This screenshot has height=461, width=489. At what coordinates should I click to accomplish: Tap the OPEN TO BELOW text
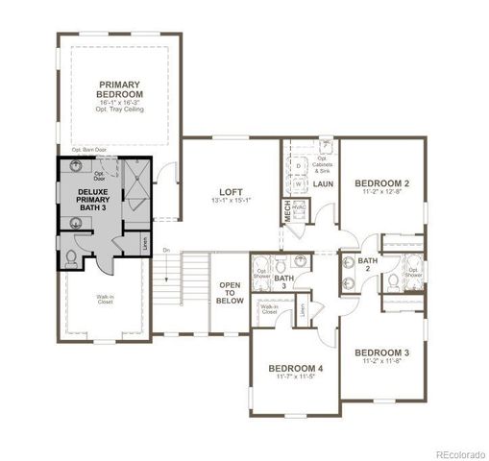[x=230, y=292]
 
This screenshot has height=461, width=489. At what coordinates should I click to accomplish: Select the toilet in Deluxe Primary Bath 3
[x=74, y=256]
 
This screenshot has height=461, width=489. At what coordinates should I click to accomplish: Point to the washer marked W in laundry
[x=299, y=183]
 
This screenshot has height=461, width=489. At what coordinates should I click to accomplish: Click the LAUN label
[x=322, y=183]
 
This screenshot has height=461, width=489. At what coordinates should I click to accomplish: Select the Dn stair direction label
[x=165, y=250]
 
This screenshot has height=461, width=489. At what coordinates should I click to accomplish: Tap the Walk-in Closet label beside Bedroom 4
[x=269, y=309]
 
